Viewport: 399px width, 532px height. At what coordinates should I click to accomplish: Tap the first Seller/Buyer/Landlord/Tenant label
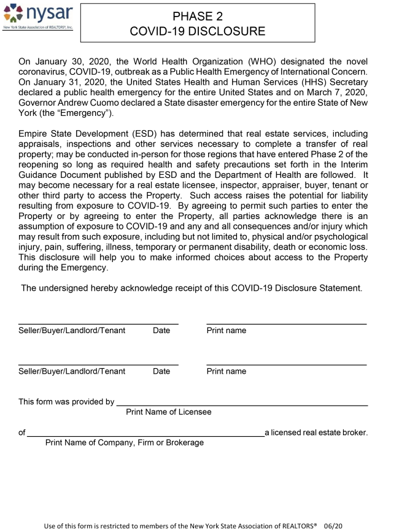[72, 331]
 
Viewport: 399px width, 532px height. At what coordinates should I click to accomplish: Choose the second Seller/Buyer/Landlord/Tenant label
[72, 371]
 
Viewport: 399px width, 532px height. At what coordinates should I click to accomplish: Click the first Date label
[161, 331]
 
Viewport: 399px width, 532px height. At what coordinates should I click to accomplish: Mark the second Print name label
[227, 371]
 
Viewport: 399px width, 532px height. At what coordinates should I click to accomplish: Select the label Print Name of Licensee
[168, 412]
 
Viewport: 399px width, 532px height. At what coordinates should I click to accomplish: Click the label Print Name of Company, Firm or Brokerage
[125, 443]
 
